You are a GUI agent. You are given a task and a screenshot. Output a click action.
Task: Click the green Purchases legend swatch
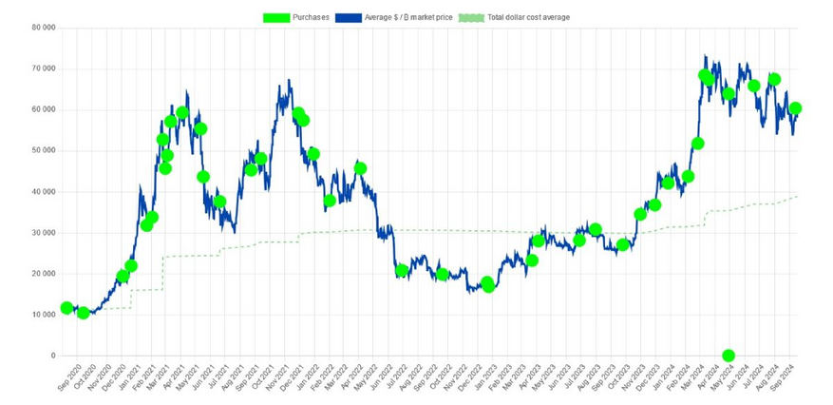278,17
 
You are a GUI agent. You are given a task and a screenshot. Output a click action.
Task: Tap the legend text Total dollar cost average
527,17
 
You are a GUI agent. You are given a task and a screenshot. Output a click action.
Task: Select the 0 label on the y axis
52,356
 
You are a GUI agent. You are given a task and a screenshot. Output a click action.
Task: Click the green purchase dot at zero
729,356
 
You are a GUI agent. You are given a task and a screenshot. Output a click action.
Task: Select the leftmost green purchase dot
66,308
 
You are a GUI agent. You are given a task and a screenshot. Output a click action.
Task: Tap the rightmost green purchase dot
795,108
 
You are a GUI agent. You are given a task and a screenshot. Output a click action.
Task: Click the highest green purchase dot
705,75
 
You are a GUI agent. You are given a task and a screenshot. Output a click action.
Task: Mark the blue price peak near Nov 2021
288,81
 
